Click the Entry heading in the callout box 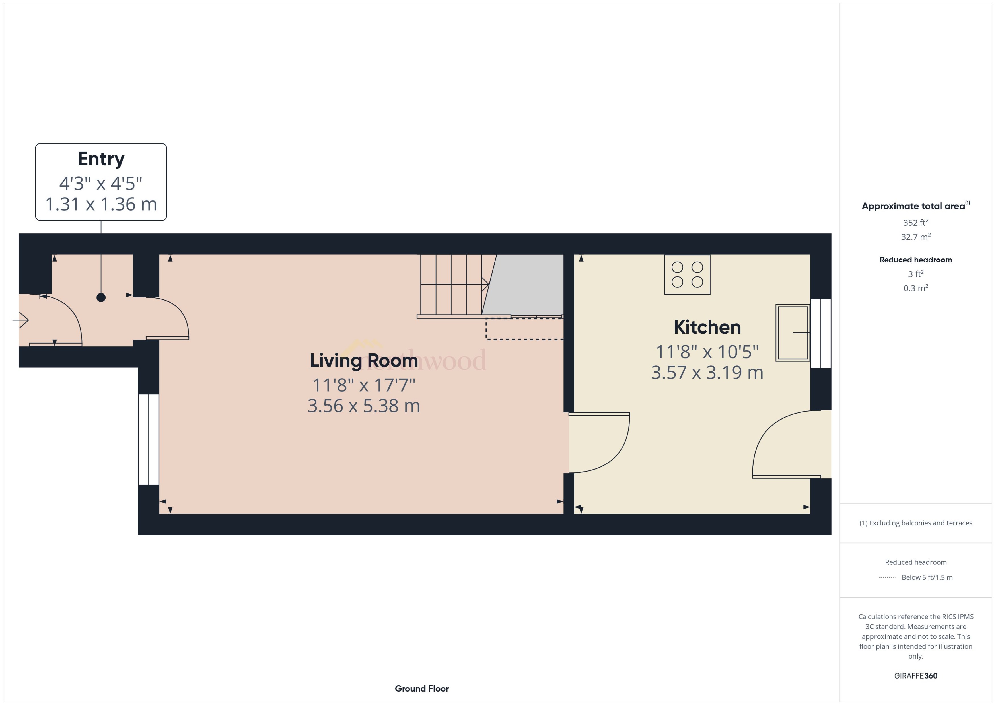[x=101, y=159]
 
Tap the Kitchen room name [x=707, y=327]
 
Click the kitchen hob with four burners [x=687, y=275]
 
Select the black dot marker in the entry [x=101, y=297]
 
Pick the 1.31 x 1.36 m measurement [x=101, y=204]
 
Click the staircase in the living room [x=454, y=285]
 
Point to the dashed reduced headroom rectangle [x=524, y=329]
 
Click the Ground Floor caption [x=421, y=688]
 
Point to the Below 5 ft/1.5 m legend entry [x=927, y=577]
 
